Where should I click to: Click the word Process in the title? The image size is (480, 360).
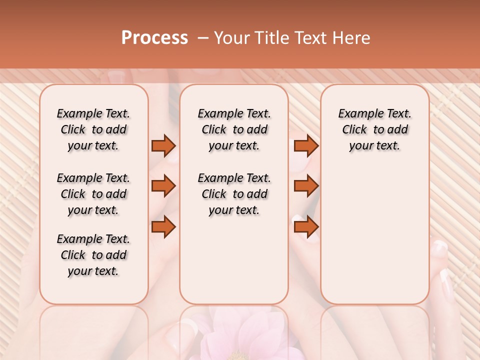pos(154,38)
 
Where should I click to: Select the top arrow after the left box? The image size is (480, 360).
pos(163,145)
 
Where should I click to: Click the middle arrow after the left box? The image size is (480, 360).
pos(163,186)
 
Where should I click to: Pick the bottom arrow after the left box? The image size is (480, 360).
pos(163,226)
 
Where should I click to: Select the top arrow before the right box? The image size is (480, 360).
pos(306,145)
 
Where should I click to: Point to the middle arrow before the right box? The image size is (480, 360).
pos(306,186)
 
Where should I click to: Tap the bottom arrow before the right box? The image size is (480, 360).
pos(306,226)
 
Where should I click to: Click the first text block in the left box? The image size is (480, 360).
pos(93,129)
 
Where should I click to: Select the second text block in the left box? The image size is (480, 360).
pos(93,194)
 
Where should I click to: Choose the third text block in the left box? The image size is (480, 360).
pos(93,255)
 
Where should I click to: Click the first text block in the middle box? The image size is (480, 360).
pos(234,129)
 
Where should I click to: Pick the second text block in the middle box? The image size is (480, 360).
pos(234,194)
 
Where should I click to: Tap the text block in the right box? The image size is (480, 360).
pos(375,129)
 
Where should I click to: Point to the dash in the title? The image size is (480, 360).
pos(203,38)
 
